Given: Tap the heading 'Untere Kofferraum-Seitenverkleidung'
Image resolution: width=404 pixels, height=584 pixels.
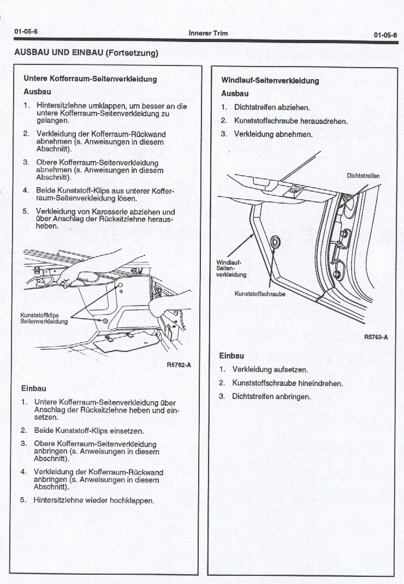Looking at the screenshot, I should point(90,79).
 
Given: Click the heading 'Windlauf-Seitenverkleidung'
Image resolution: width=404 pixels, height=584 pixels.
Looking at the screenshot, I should point(270,80).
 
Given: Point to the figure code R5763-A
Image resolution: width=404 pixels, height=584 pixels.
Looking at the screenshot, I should point(376,337).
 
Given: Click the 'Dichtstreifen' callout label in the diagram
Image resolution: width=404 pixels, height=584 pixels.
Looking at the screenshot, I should point(363,176).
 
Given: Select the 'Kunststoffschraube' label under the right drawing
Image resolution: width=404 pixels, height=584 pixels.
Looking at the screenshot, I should point(259,294).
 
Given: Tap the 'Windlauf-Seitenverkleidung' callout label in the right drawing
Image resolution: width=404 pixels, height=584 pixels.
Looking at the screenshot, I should point(229,268).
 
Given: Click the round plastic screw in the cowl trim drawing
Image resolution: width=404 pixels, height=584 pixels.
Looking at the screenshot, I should point(274,241).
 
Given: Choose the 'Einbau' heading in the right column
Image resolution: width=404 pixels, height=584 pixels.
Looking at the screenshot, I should point(231,355).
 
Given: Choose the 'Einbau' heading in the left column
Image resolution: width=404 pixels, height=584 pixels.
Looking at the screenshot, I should point(33,389).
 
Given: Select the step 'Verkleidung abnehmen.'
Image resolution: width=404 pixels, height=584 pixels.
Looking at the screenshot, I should point(273,134).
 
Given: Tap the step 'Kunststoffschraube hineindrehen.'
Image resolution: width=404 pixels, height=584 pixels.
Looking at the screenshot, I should point(287,383).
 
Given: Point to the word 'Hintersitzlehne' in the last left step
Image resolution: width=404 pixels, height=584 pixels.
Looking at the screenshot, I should point(59,500).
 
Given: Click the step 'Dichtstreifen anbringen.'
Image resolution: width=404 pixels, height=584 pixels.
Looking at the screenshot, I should point(271,396).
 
